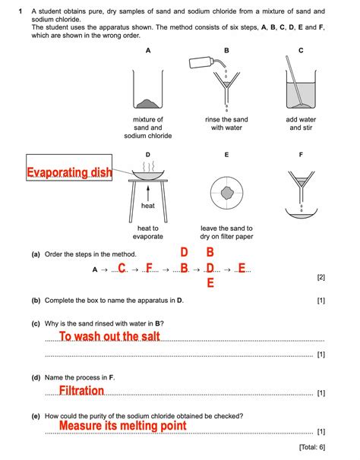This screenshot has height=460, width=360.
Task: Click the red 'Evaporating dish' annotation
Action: pos(69,173)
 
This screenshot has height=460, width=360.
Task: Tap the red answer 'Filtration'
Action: pos(81,391)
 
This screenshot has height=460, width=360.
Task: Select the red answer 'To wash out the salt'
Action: pos(109,336)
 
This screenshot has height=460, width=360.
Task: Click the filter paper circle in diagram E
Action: pos(226,194)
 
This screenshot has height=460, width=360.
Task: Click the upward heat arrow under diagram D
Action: pos(147,192)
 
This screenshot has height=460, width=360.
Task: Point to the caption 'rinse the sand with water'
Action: pos(226,124)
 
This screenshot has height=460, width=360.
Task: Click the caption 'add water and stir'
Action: pos(301,124)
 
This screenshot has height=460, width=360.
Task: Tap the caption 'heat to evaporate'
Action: pos(147,232)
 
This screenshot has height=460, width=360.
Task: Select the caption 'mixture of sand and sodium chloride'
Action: pos(147,128)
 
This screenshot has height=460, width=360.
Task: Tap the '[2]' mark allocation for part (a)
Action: pos(321,278)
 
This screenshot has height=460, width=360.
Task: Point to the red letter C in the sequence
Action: pos(122,268)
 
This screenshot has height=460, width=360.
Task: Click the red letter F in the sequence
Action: pos(149,268)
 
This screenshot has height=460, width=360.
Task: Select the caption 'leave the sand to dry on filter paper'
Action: pos(226,232)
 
